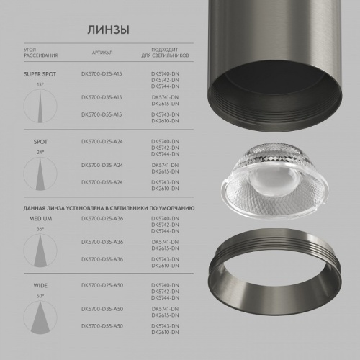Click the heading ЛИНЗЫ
coord(108,30)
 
